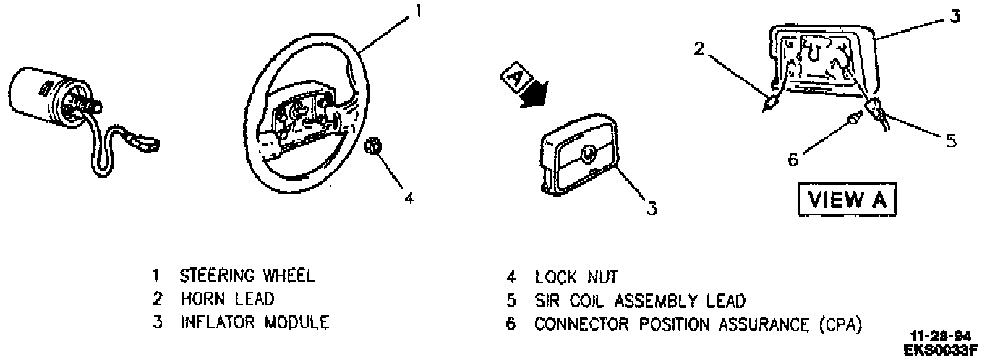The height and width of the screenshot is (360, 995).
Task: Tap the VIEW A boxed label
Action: click(847, 200)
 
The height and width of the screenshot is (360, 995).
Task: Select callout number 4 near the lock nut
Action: click(409, 197)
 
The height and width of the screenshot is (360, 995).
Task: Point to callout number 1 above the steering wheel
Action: click(417, 12)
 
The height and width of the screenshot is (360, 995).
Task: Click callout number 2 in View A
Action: click(699, 49)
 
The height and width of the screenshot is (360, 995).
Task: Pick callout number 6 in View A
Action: click(793, 160)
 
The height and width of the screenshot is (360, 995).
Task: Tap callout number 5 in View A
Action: click(951, 141)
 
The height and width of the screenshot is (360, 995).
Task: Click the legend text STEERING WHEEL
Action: click(247, 275)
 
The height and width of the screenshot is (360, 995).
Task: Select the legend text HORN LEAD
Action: click(227, 299)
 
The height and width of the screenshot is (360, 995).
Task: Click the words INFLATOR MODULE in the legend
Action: click(255, 322)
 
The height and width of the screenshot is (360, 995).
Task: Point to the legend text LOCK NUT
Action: click(576, 276)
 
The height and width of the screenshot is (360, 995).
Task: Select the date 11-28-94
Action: click(940, 336)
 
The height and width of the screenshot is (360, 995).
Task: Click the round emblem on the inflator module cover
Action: click(588, 153)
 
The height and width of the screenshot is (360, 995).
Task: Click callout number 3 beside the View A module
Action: click(955, 16)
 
